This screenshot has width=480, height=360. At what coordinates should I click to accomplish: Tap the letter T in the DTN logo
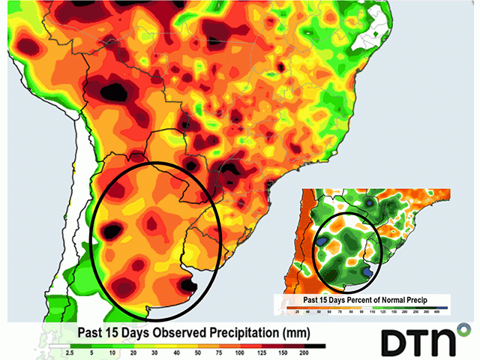coord(418,341)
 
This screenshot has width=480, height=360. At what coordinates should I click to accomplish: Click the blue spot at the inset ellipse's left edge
coord(322,241)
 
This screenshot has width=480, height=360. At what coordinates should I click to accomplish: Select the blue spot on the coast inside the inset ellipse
coord(367,269)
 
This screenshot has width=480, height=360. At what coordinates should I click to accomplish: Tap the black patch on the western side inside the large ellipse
coord(109,232)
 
